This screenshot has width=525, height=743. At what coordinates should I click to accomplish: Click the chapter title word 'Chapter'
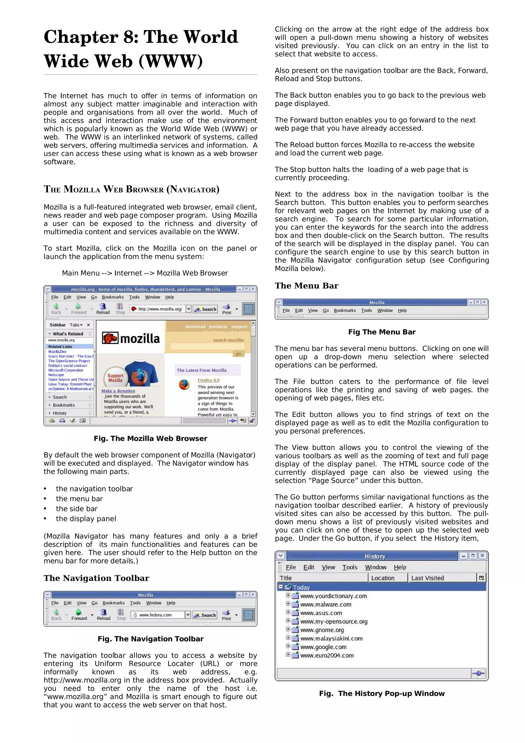tap(81, 37)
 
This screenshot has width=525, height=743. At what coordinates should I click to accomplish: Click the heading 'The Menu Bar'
tap(306, 286)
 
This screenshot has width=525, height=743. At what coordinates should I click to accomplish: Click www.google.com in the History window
tap(323, 647)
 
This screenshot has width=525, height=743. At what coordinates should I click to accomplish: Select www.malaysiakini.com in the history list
tap(331, 638)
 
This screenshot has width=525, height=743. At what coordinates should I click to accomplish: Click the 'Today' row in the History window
tap(301, 587)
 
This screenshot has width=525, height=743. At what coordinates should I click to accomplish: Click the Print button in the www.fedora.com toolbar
tap(226, 615)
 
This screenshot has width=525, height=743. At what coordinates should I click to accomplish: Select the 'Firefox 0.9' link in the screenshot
tap(208, 380)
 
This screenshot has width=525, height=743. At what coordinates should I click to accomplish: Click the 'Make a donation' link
tap(118, 391)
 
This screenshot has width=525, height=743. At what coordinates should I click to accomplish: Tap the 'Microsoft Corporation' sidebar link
tap(66, 370)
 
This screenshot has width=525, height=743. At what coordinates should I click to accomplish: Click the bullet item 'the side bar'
tap(77, 509)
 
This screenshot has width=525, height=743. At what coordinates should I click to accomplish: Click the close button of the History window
tap(482, 556)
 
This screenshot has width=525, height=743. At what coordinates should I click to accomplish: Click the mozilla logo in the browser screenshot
tap(131, 338)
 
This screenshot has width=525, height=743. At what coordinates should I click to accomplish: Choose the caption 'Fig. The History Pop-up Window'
tap(382, 694)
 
